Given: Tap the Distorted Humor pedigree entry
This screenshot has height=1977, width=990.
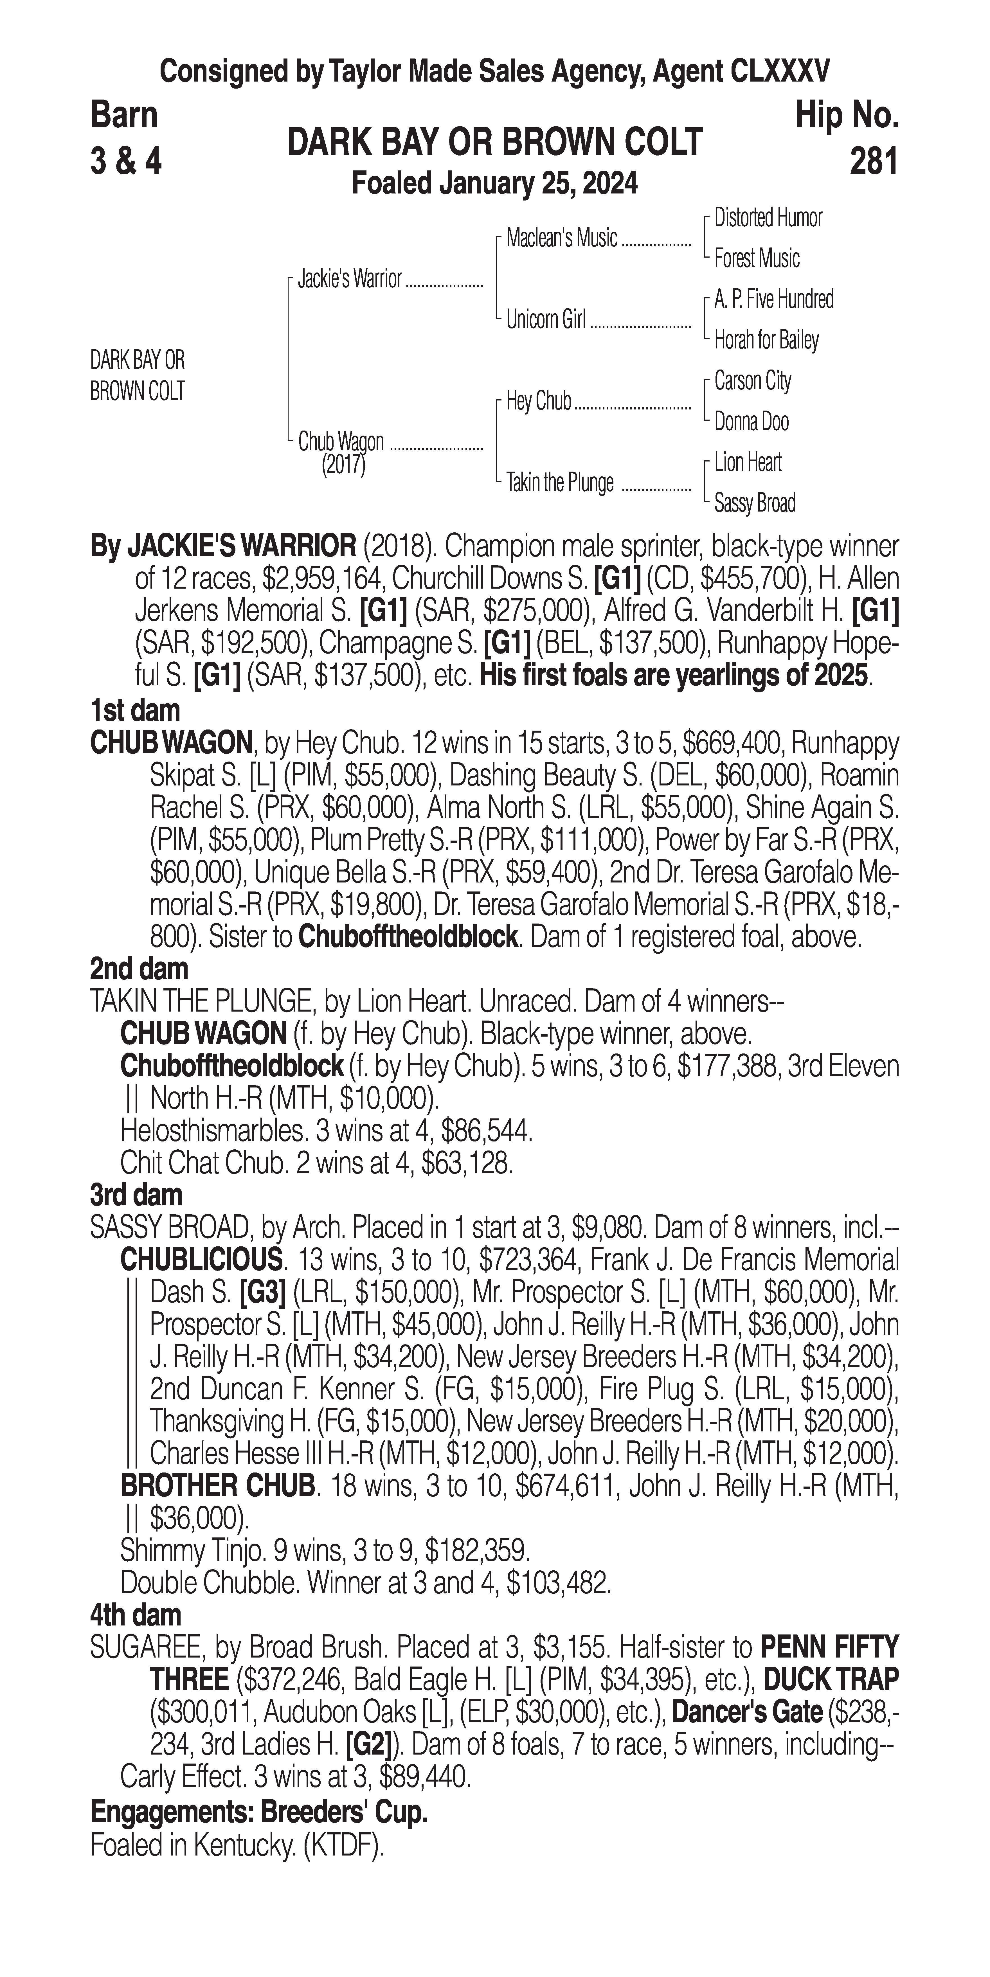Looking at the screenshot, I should pyautogui.click(x=768, y=218).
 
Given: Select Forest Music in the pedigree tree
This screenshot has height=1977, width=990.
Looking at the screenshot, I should pyautogui.click(x=757, y=259).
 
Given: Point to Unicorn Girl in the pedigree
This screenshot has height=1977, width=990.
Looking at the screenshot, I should pyautogui.click(x=546, y=319).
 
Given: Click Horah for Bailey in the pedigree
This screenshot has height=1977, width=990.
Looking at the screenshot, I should pyautogui.click(x=766, y=340).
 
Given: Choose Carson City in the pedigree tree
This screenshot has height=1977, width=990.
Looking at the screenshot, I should pyautogui.click(x=752, y=381).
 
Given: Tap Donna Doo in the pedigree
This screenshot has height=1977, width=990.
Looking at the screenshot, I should pyautogui.click(x=751, y=421).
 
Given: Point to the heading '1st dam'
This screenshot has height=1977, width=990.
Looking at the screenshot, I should pyautogui.click(x=135, y=711).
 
